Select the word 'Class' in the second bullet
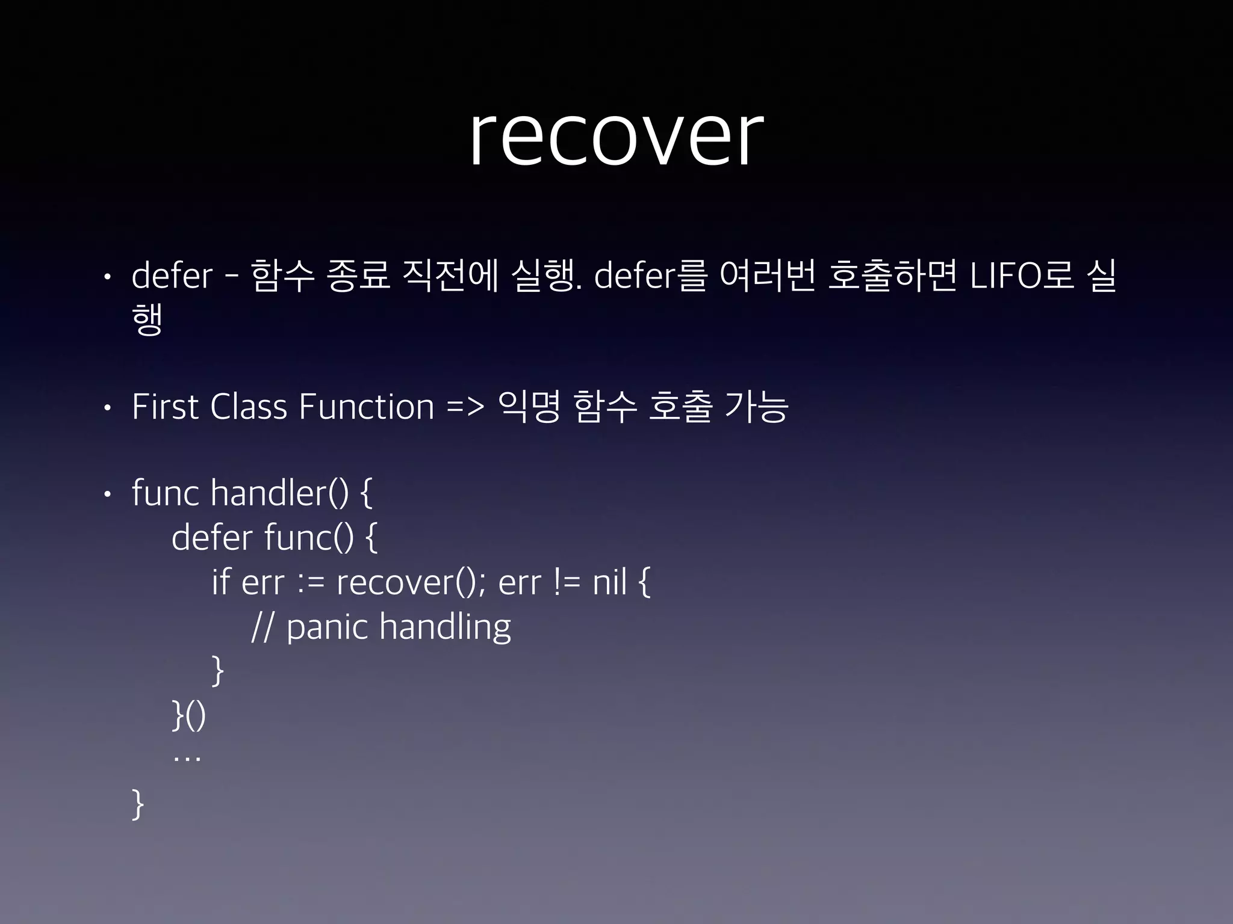(249, 407)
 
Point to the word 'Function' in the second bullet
(366, 407)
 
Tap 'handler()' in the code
(279, 493)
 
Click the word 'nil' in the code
(609, 582)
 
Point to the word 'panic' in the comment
(327, 627)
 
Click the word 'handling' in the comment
(445, 627)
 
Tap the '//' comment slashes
(262, 627)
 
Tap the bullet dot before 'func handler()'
(107, 494)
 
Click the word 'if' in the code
(221, 582)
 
